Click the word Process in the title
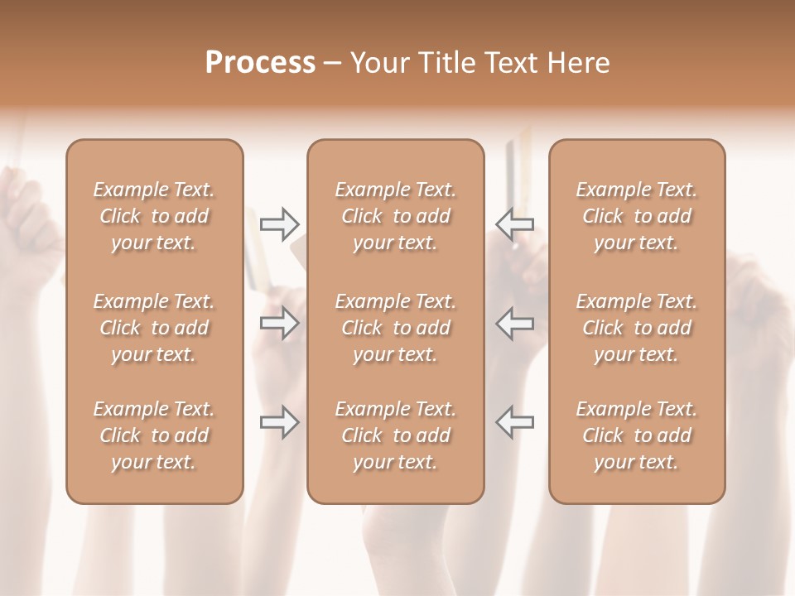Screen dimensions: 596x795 (x=260, y=63)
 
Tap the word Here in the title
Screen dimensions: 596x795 (x=577, y=63)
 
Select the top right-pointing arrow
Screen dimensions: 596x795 (x=279, y=223)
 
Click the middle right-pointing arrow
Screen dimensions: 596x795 (x=279, y=323)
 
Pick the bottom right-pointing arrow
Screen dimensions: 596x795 (x=279, y=421)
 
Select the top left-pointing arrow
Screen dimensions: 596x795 (x=515, y=223)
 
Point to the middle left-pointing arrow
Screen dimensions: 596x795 (x=515, y=323)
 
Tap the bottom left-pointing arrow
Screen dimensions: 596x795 (x=515, y=421)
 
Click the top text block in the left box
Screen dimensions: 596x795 (x=154, y=216)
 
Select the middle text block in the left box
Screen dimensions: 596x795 (x=154, y=328)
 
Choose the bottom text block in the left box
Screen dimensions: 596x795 (x=154, y=435)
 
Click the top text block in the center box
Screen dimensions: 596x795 (x=396, y=216)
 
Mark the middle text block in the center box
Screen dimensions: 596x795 (x=396, y=328)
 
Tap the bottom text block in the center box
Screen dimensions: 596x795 (x=396, y=435)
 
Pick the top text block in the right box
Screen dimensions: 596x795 (x=637, y=216)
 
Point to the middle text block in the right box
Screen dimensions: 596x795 (x=637, y=328)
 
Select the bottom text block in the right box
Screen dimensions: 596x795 (x=637, y=435)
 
